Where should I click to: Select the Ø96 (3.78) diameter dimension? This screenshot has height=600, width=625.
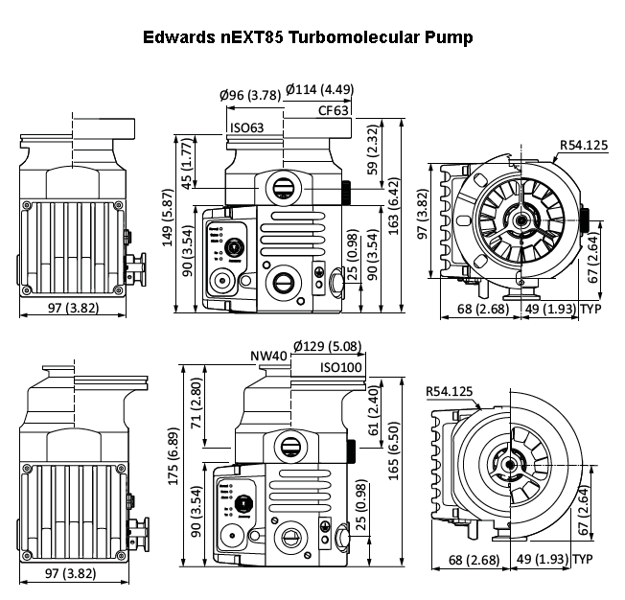pos(249,94)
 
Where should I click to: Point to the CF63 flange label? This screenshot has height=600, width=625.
pos(334,110)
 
